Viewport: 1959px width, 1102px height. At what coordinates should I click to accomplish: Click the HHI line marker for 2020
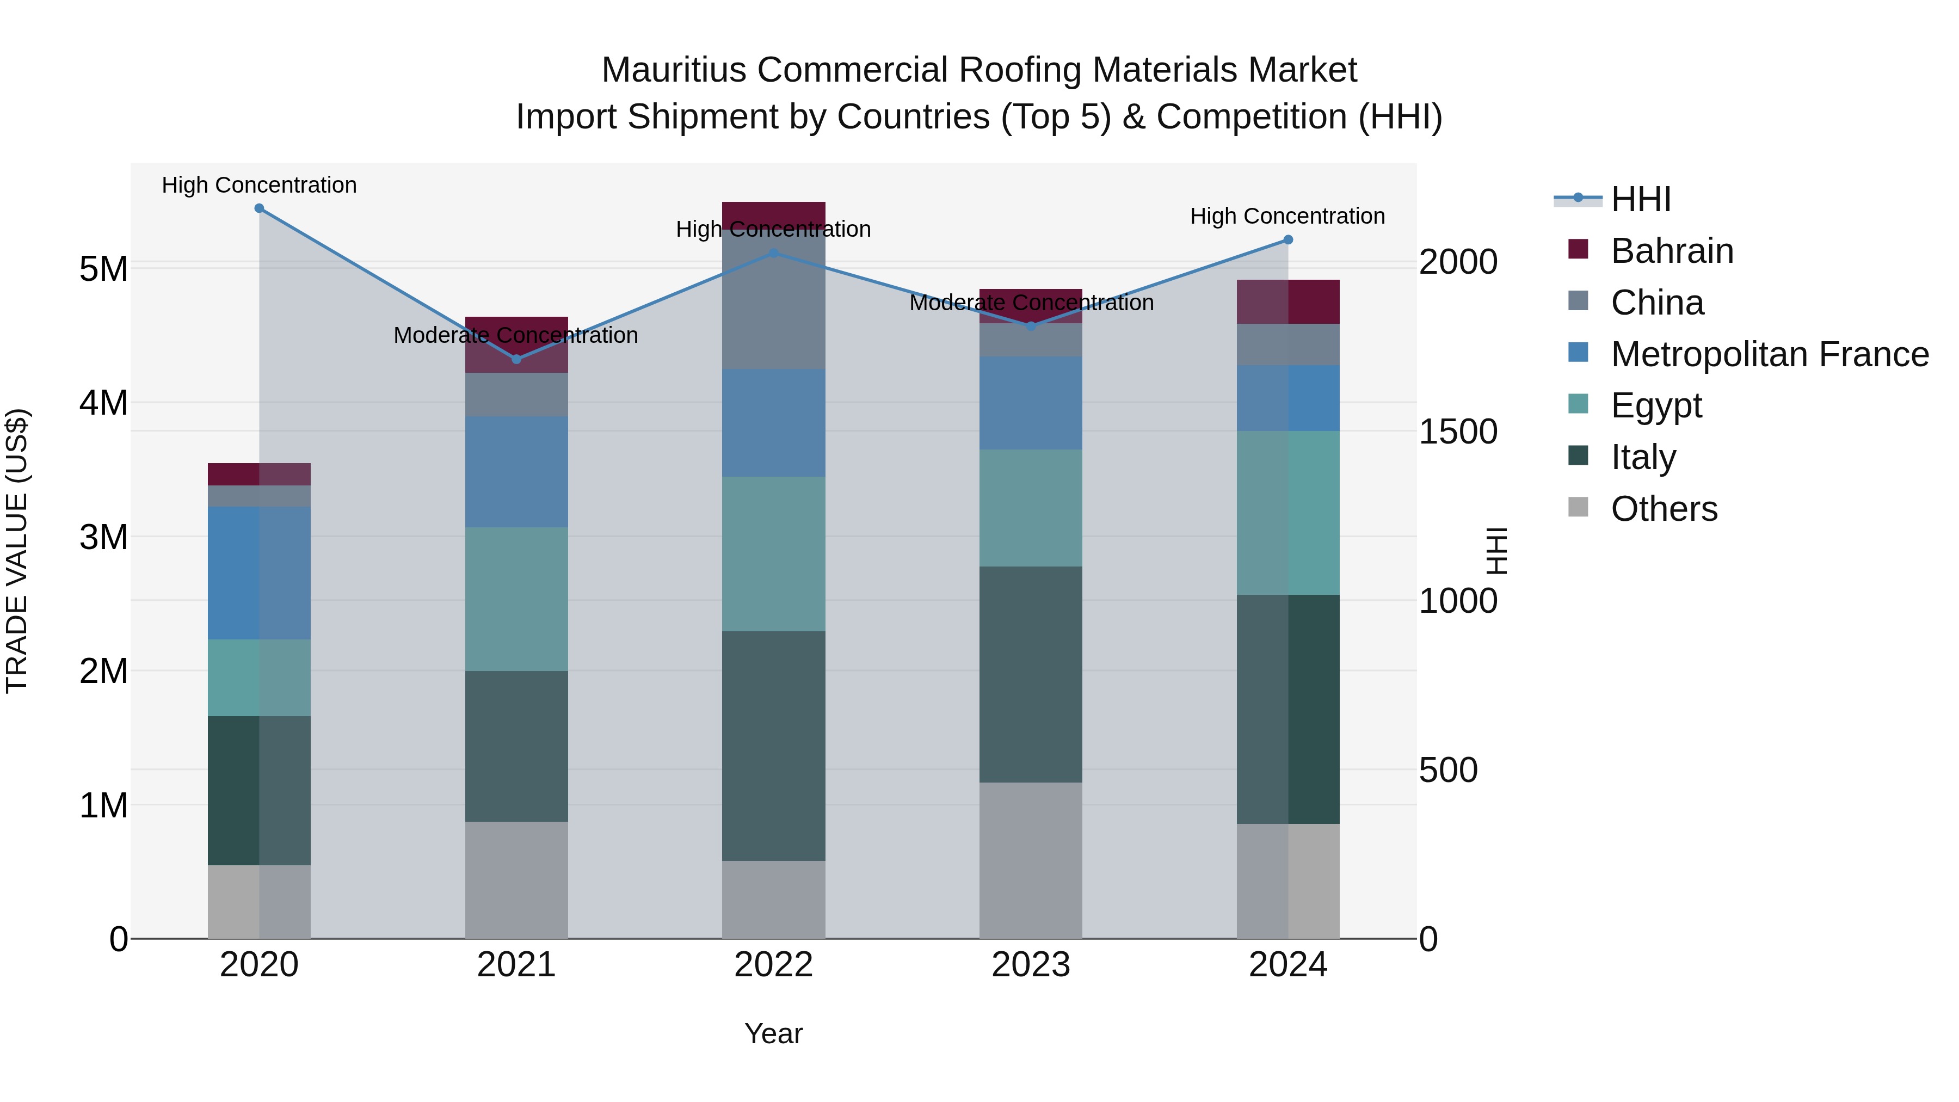tap(260, 208)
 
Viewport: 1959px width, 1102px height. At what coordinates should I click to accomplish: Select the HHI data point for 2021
tap(516, 359)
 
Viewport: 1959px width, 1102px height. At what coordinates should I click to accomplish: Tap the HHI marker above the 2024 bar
tap(1287, 239)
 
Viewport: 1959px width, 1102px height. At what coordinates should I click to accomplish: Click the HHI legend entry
tap(1640, 199)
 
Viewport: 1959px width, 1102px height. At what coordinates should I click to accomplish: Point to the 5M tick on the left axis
tap(103, 268)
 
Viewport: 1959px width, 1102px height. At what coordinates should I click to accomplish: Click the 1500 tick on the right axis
tap(1458, 432)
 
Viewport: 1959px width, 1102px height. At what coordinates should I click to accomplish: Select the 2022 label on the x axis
tap(773, 965)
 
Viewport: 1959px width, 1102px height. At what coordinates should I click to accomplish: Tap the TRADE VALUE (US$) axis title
tap(17, 551)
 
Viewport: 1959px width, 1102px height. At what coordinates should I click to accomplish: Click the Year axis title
tap(773, 1033)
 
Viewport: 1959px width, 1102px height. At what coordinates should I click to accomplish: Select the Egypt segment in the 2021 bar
tap(516, 599)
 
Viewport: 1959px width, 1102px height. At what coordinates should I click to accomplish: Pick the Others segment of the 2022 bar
tap(773, 899)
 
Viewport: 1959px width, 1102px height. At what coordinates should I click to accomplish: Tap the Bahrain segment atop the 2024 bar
tap(1287, 302)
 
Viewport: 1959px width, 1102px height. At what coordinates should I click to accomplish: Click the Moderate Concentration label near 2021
tap(516, 335)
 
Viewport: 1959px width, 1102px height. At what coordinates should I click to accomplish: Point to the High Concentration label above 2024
tap(1287, 216)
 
